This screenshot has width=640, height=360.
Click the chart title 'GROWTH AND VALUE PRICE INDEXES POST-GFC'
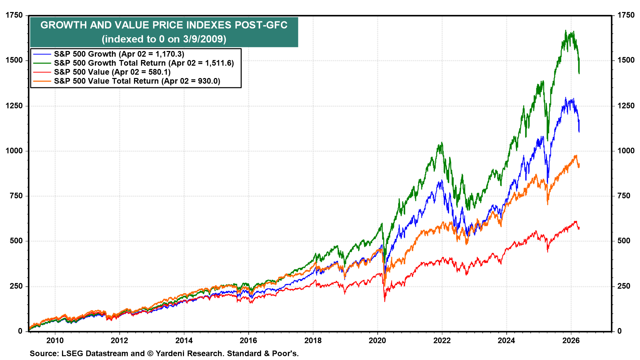(x=164, y=25)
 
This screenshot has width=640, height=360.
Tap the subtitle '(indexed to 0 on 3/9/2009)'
(x=164, y=39)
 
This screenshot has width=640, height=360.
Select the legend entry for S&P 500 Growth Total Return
(x=144, y=63)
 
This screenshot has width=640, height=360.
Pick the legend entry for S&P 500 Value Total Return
(x=137, y=81)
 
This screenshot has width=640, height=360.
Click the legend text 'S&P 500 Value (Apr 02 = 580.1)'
(x=112, y=72)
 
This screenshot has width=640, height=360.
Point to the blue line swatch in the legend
(x=42, y=54)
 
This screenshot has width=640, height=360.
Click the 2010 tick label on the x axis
(x=55, y=341)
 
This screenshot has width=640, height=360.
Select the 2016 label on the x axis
(x=248, y=341)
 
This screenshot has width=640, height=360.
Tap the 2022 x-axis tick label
(x=442, y=341)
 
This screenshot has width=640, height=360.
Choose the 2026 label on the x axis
(x=571, y=341)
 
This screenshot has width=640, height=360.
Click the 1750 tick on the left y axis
(x=14, y=15)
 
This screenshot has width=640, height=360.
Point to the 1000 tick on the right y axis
(x=626, y=151)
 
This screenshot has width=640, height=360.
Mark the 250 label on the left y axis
(x=16, y=286)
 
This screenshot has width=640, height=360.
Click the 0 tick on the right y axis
(x=619, y=331)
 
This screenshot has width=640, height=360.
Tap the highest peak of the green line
(x=565, y=31)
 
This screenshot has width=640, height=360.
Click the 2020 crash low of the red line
(x=385, y=301)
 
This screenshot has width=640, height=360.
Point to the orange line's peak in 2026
(x=576, y=155)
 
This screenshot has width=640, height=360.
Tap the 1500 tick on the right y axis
(x=626, y=60)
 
